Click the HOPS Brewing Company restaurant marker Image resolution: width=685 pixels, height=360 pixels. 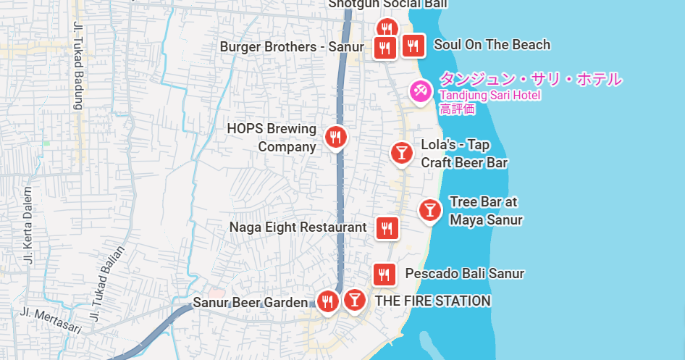(335, 136)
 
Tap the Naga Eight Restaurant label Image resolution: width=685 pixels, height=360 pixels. (298, 227)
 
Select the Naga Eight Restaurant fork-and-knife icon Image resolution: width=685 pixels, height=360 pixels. (387, 228)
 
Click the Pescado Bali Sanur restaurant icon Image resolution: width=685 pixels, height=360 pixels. (384, 275)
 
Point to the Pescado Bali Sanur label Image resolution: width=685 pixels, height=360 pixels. (464, 274)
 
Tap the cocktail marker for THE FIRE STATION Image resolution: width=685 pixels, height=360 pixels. (354, 299)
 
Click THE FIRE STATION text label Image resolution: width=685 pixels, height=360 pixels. (432, 301)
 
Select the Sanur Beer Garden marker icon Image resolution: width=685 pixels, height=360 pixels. (328, 301)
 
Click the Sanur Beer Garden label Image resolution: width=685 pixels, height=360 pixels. (250, 301)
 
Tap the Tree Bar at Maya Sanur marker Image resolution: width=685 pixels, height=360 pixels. (430, 210)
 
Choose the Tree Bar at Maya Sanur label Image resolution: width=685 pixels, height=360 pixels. (485, 211)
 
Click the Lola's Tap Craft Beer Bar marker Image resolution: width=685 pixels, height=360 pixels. (401, 153)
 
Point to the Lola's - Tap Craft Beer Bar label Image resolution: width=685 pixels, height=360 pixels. (464, 154)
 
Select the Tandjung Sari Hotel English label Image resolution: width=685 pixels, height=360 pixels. (489, 95)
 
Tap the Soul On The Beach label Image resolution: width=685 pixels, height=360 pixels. (492, 45)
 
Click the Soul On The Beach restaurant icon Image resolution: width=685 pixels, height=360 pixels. (413, 46)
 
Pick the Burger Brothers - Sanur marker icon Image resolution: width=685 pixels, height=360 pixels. (384, 48)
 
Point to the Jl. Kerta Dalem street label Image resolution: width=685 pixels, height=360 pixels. (28, 225)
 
